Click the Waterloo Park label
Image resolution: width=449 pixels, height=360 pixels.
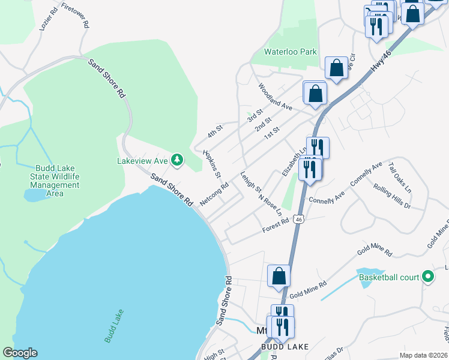click(x=291, y=52)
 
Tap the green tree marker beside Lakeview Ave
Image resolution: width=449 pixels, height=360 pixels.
click(x=176, y=160)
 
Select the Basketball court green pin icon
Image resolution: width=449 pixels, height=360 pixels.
click(x=427, y=277)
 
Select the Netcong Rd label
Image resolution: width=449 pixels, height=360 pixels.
click(x=214, y=194)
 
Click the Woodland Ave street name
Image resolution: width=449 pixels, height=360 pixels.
click(x=275, y=97)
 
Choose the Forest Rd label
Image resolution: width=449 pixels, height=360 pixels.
click(x=276, y=226)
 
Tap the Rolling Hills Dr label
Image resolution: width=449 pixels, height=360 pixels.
click(x=392, y=197)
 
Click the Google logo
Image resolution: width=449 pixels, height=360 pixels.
click(x=20, y=353)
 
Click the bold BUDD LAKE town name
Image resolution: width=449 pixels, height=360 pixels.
click(x=285, y=347)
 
